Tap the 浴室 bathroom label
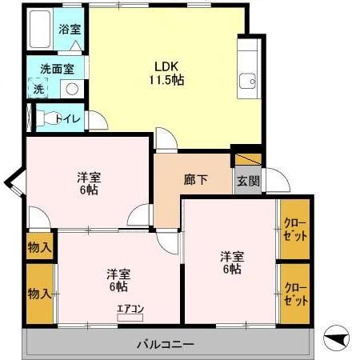point(70,29)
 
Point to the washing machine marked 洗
point(38,88)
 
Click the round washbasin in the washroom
point(71,89)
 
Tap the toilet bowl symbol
point(50,118)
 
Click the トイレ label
point(70,118)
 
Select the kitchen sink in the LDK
point(247,81)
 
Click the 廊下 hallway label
point(196,179)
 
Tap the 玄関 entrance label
point(247,181)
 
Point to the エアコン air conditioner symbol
point(130,312)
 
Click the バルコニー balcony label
point(165,345)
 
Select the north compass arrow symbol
point(338,340)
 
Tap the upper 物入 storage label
point(39,247)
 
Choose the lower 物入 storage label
point(39,293)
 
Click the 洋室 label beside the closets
point(233,262)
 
